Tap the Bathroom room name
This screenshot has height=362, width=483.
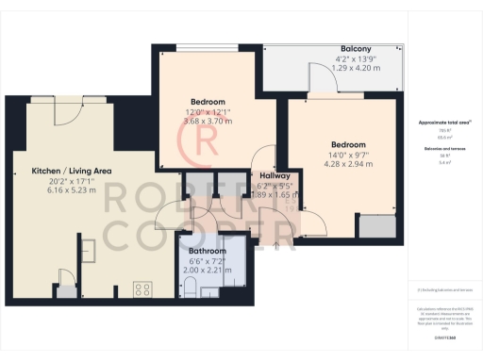207,252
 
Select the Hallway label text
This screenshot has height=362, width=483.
276,175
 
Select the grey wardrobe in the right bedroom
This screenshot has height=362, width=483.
381,226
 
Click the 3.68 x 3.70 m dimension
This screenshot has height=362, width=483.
207,122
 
